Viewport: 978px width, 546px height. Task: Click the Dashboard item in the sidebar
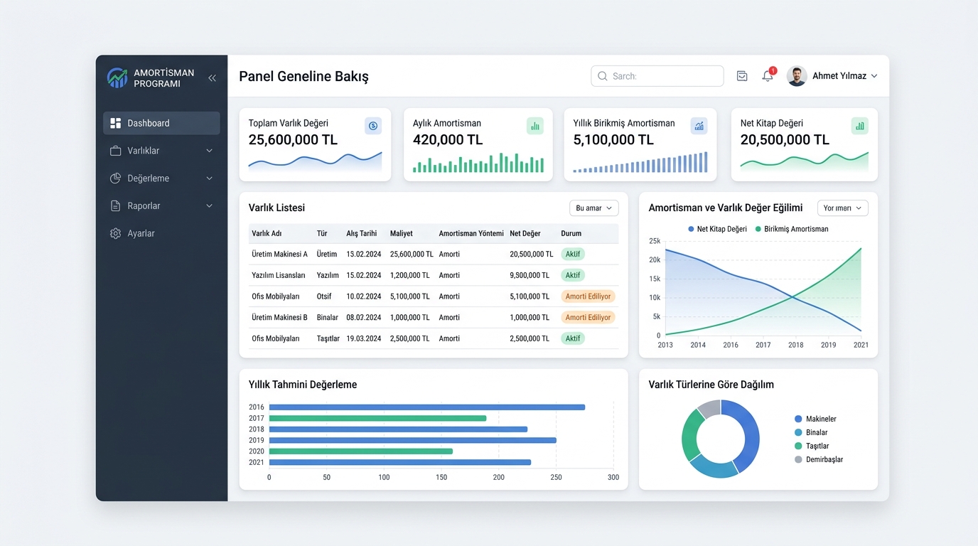tap(161, 123)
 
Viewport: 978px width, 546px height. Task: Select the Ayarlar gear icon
tap(115, 233)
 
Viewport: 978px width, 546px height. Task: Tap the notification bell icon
tap(768, 76)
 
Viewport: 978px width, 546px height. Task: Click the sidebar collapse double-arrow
tap(213, 78)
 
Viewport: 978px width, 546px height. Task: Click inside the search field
tap(657, 76)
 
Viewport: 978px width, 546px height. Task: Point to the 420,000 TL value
tap(448, 140)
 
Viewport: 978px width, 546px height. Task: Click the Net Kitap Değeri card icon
tap(860, 126)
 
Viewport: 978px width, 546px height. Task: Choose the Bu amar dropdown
tap(593, 208)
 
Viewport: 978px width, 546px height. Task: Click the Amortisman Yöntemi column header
tap(471, 233)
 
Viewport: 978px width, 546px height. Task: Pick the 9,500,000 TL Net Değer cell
tap(530, 275)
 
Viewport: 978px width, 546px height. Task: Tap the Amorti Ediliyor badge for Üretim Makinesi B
tap(588, 317)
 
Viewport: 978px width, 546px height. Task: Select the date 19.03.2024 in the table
tap(364, 338)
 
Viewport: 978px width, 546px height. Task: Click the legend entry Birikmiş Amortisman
tap(792, 229)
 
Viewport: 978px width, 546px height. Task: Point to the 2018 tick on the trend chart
tap(795, 345)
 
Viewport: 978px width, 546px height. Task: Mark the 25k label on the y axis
tap(655, 241)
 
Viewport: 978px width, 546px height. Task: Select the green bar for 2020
tap(360, 451)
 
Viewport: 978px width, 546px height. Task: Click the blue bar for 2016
tap(427, 407)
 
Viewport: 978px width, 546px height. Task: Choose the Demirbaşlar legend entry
tap(819, 459)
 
